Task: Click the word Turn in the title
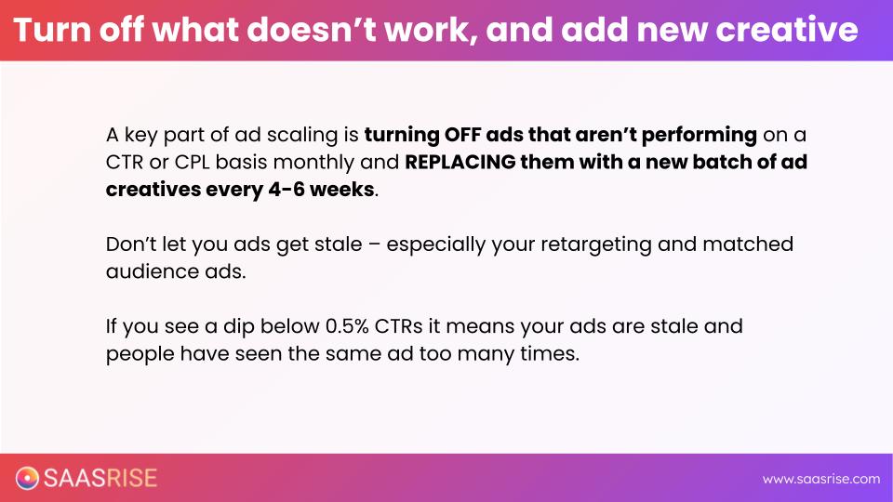pyautogui.click(x=51, y=30)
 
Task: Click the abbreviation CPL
pyautogui.click(x=192, y=162)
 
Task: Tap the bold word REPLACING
pyautogui.click(x=460, y=162)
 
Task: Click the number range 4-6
pyautogui.click(x=287, y=190)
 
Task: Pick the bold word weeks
pyautogui.click(x=341, y=190)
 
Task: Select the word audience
pyautogui.click(x=152, y=271)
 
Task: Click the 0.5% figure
pyautogui.click(x=347, y=326)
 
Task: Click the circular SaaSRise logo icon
pyautogui.click(x=27, y=478)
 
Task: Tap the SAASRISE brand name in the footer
pyautogui.click(x=100, y=478)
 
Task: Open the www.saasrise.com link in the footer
pyautogui.click(x=821, y=480)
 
